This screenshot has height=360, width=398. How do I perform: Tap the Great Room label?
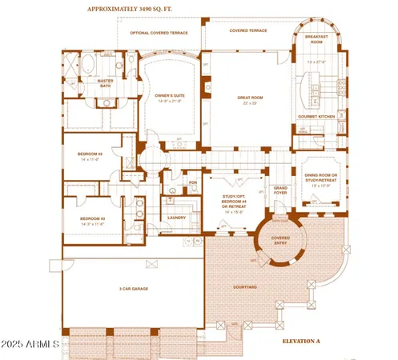[250, 98]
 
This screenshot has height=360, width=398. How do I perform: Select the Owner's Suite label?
[169, 96]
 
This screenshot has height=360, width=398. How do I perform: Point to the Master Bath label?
[105, 83]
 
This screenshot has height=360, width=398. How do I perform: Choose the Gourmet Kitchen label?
[316, 117]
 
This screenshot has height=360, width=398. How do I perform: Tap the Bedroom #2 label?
[90, 154]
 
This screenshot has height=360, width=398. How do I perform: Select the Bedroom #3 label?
[91, 218]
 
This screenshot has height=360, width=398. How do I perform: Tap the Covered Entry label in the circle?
[280, 240]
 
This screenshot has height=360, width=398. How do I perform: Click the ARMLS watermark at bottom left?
[30, 345]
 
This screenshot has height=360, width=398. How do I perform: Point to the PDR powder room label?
[193, 182]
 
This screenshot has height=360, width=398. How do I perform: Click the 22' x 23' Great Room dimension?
[250, 105]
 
